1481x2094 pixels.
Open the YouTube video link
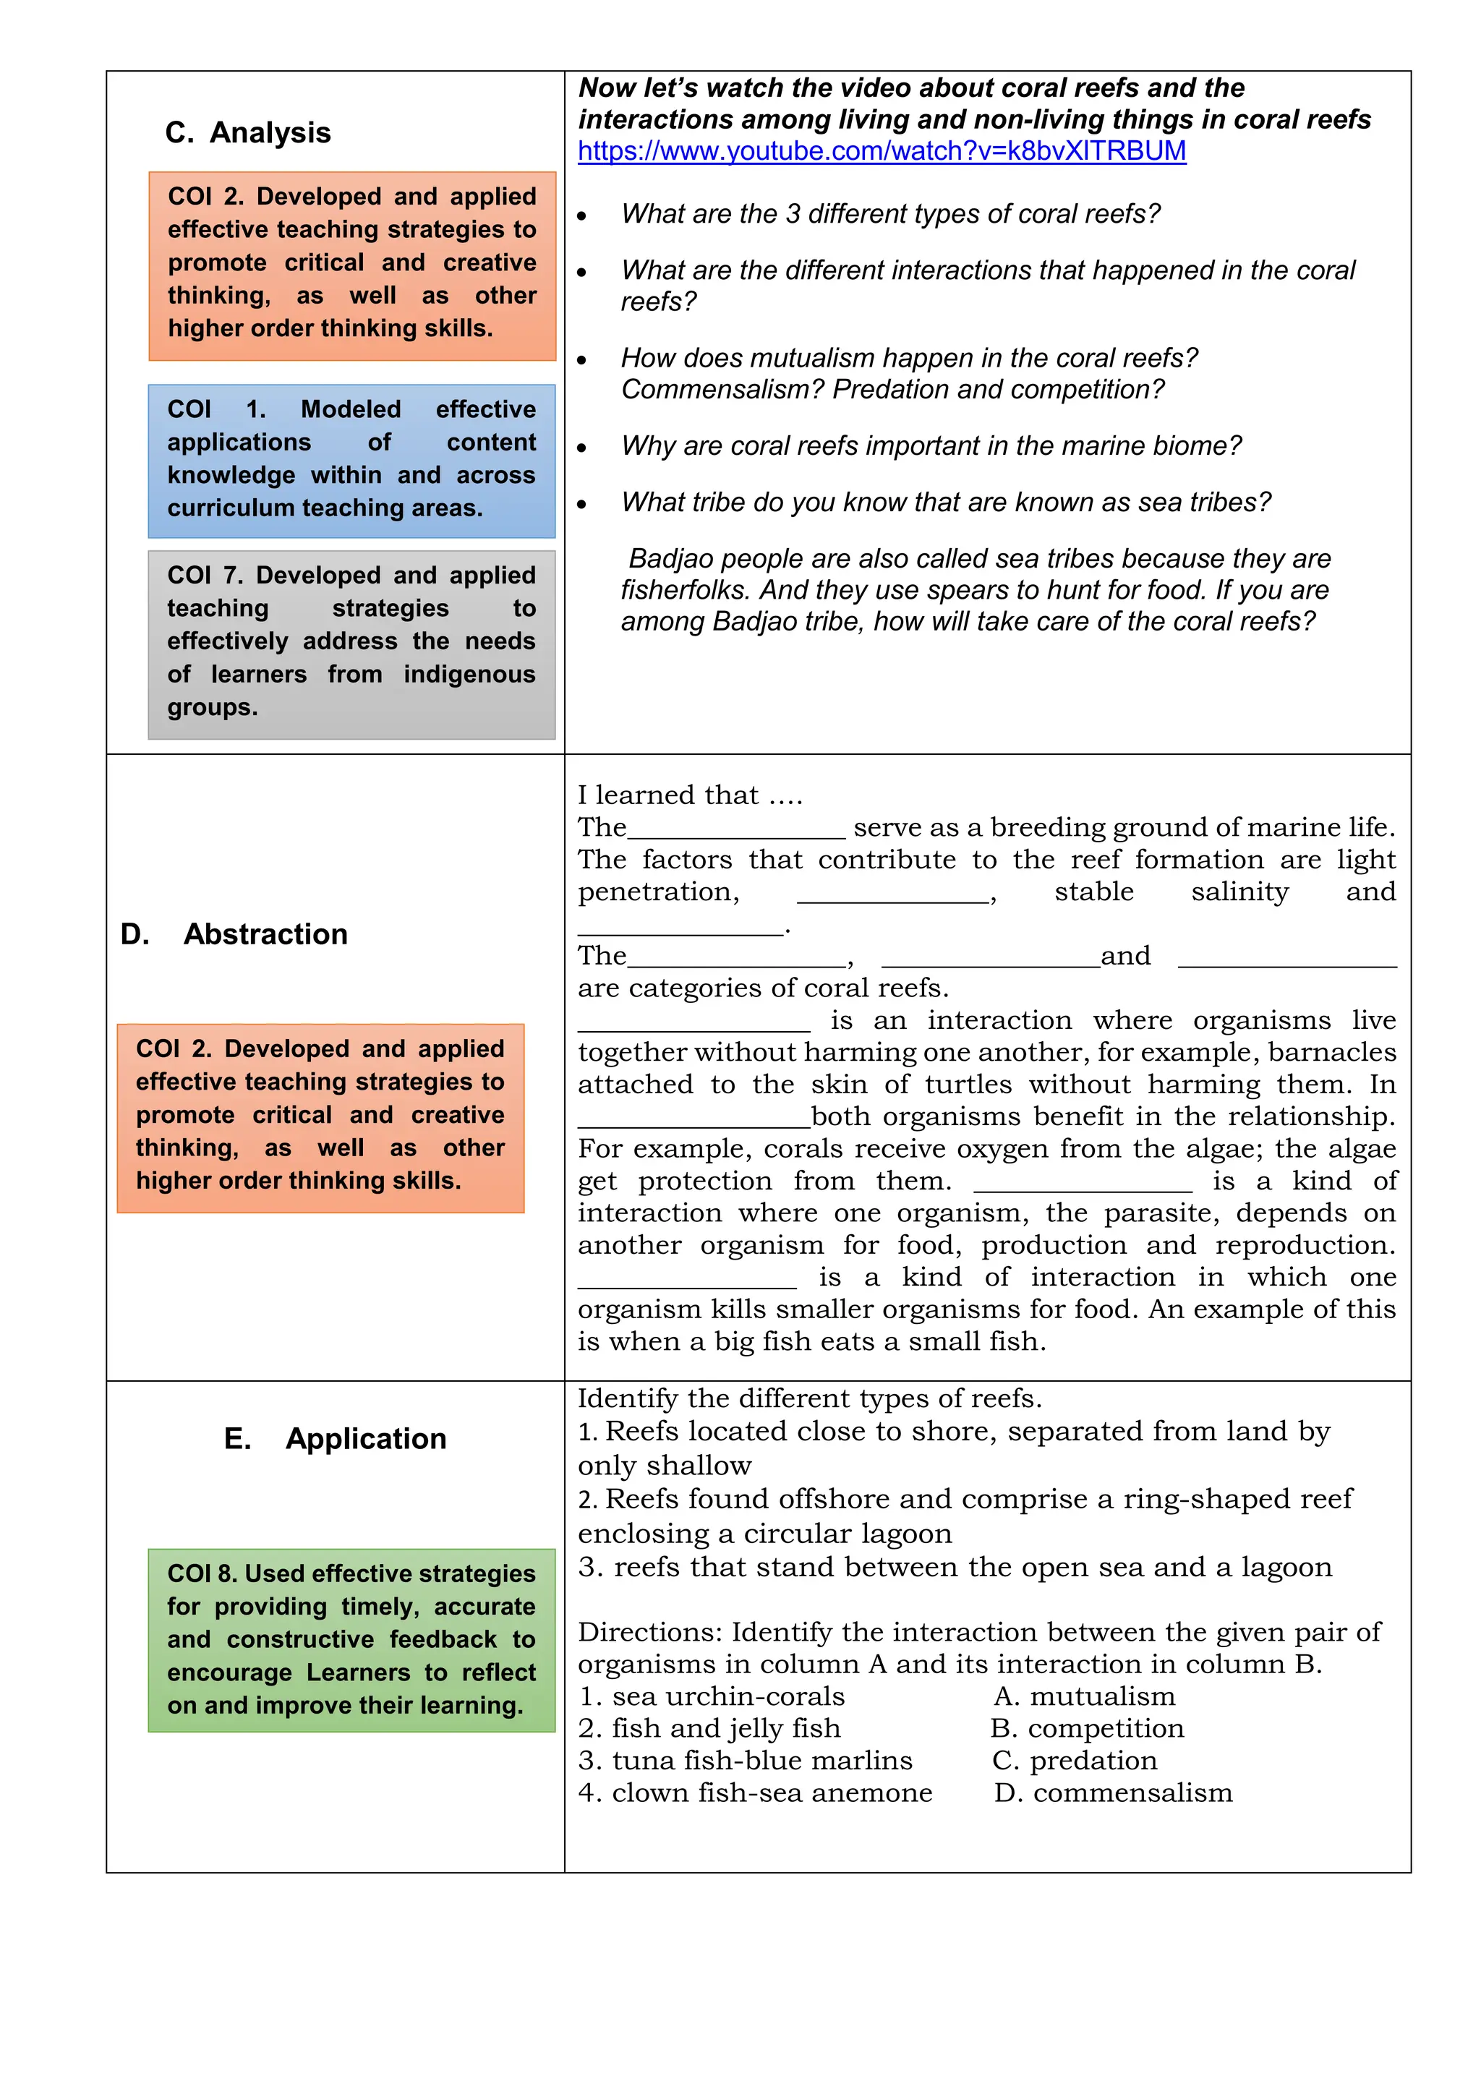point(881,151)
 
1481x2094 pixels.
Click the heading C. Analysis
point(247,133)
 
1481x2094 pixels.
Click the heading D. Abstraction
point(234,934)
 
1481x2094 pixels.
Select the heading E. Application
point(335,1438)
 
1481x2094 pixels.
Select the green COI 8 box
point(351,1640)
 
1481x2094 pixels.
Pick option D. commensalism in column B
point(1113,1793)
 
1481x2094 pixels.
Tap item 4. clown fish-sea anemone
point(755,1793)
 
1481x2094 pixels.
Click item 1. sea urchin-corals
point(712,1696)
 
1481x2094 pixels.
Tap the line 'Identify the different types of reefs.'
point(809,1399)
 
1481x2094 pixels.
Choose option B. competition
point(1087,1728)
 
